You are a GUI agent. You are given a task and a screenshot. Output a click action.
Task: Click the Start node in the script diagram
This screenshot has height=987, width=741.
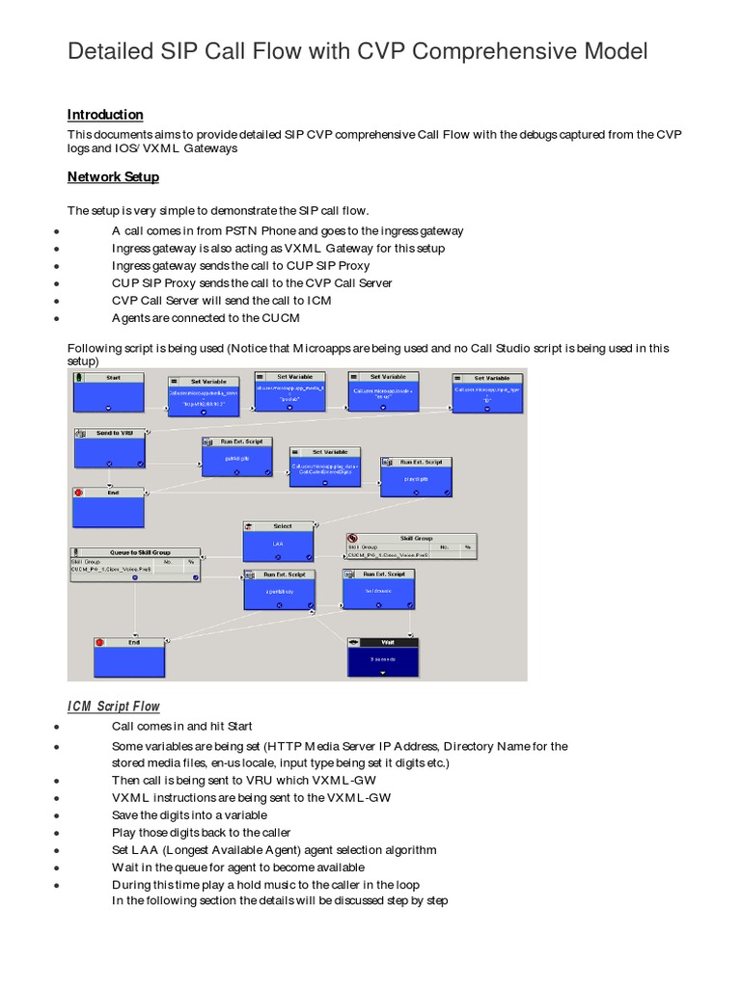coord(109,392)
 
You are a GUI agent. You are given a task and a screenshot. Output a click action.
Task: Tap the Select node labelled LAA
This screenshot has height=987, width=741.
coord(279,543)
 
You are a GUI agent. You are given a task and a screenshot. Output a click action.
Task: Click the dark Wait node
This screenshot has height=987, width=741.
coord(384,657)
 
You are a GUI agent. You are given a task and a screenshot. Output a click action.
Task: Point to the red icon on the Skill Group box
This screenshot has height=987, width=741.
coord(353,539)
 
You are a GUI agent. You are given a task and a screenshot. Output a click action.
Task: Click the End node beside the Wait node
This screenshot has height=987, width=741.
coord(129,655)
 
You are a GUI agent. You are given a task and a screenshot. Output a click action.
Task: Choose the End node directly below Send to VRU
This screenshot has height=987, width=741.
coord(109,506)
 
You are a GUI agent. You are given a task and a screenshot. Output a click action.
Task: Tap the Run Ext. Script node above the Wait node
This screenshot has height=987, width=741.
coord(378,589)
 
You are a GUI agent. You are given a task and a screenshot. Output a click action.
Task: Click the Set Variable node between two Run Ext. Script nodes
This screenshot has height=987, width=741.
coord(324,465)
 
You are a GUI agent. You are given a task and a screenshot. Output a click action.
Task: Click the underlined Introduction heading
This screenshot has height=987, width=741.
coord(105,115)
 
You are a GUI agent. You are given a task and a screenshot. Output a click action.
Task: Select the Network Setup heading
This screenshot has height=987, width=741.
coord(113,177)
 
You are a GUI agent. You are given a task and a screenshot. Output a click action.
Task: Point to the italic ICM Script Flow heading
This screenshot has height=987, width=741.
coord(114,707)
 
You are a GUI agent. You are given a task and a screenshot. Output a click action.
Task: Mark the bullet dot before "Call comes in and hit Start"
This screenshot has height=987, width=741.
coord(59,727)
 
